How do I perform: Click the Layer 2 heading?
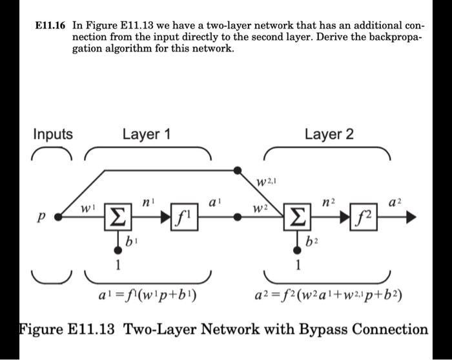(329, 135)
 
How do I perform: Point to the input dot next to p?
(59, 218)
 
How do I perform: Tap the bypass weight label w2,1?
(265, 180)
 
